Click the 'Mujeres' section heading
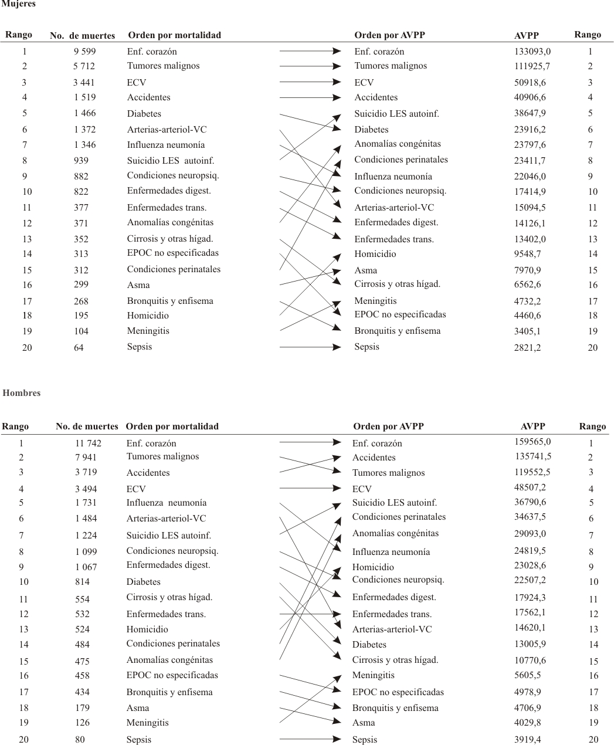coord(19,4)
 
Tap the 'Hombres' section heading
coord(22,393)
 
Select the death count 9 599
coord(85,52)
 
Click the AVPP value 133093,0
coord(532,52)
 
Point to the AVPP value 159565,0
coord(532,442)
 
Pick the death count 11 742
coord(88,443)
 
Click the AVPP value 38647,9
coord(530,113)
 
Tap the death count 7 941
coord(86,457)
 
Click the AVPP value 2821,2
coord(527,347)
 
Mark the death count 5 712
coord(84,66)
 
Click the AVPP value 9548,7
coord(527,254)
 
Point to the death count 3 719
coord(86,472)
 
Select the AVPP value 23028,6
coord(530,565)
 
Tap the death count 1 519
coord(85,97)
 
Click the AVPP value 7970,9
coord(527,270)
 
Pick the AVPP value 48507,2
coord(530,487)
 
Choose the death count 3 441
coord(84,83)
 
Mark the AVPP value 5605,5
coord(527,675)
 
